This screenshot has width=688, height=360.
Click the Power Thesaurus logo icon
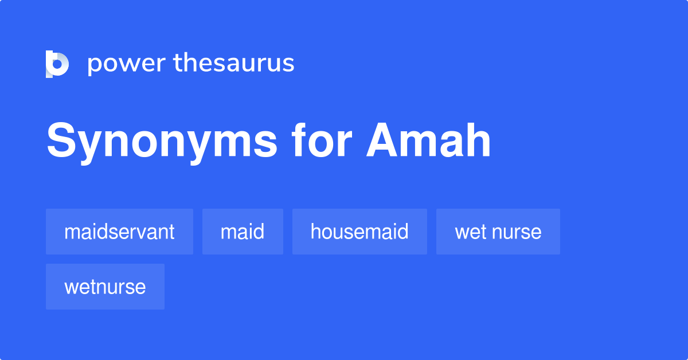(57, 64)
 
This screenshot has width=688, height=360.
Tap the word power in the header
(127, 64)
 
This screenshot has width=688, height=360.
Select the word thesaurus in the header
(234, 63)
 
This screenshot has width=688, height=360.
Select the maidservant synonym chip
(119, 232)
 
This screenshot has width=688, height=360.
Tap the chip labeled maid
(243, 232)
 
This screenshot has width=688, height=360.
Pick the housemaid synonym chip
(359, 232)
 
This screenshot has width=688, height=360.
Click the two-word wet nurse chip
(498, 232)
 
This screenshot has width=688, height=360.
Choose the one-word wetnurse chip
(105, 287)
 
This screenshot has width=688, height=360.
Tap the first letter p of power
(94, 65)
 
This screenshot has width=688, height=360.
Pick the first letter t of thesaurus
(178, 63)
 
